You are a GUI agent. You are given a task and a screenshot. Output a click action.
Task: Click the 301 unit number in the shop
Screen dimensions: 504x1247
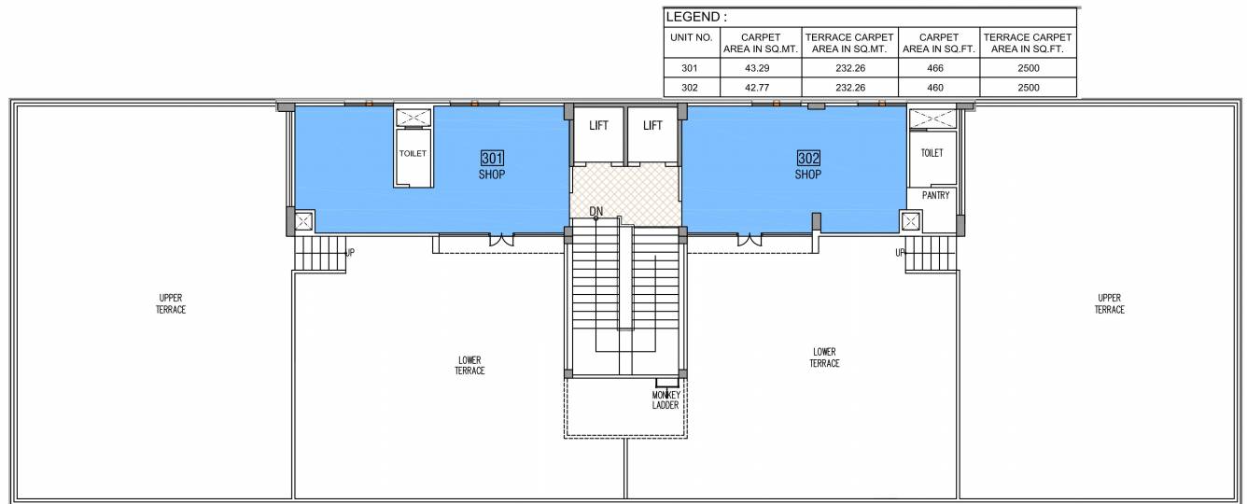tap(492, 159)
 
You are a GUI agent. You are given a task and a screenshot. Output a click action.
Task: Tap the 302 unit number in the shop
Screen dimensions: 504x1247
tap(808, 159)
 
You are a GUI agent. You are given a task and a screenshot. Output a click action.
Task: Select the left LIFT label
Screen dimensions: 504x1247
tap(598, 126)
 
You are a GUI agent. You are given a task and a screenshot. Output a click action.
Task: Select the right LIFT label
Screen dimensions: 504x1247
tap(652, 126)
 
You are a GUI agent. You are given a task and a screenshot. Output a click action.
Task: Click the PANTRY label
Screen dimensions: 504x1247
tap(935, 196)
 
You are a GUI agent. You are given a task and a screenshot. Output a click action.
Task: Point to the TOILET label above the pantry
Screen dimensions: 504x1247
tap(932, 153)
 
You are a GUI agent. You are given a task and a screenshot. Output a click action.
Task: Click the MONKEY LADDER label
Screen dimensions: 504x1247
tap(666, 400)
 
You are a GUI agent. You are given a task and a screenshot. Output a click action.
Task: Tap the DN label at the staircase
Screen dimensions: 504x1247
tap(596, 211)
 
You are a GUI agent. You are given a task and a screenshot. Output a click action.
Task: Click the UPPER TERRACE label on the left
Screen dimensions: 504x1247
tap(171, 304)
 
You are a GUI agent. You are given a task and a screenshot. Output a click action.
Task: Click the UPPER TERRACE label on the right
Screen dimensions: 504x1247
tap(1110, 304)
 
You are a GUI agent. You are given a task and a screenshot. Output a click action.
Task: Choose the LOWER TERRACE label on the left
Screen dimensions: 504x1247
tap(470, 365)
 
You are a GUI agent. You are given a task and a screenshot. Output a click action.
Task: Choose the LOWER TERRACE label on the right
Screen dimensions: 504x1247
tap(824, 357)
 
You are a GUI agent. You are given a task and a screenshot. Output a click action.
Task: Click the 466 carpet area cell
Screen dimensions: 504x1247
tap(938, 69)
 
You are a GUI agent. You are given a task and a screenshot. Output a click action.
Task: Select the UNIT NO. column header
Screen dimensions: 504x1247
tap(691, 38)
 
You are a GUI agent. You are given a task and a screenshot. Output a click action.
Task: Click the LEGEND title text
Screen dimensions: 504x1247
tap(696, 17)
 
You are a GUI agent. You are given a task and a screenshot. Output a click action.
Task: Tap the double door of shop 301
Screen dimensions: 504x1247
tap(502, 240)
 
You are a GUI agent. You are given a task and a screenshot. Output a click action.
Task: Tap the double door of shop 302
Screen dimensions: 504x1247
tap(749, 240)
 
